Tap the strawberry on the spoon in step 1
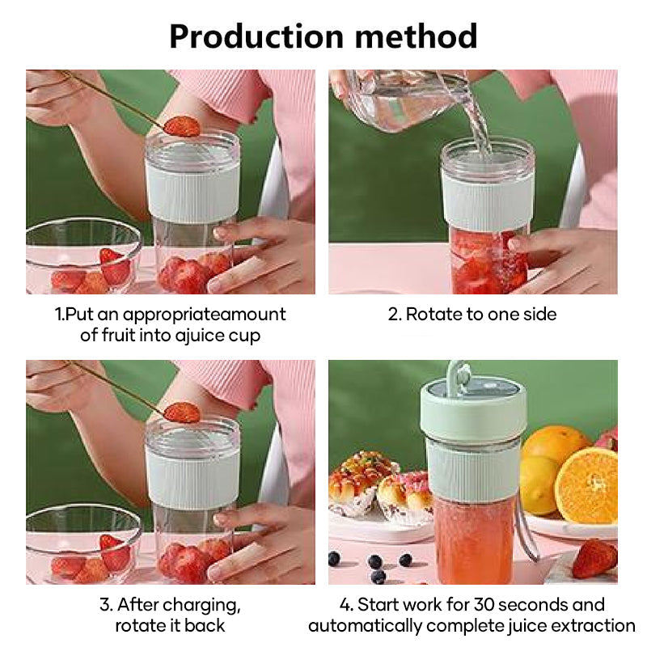click(182, 126)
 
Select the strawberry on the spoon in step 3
click(182, 412)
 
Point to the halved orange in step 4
click(586, 484)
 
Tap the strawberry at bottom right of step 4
click(594, 558)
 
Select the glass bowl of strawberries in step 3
click(81, 546)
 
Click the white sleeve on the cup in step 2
click(488, 199)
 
